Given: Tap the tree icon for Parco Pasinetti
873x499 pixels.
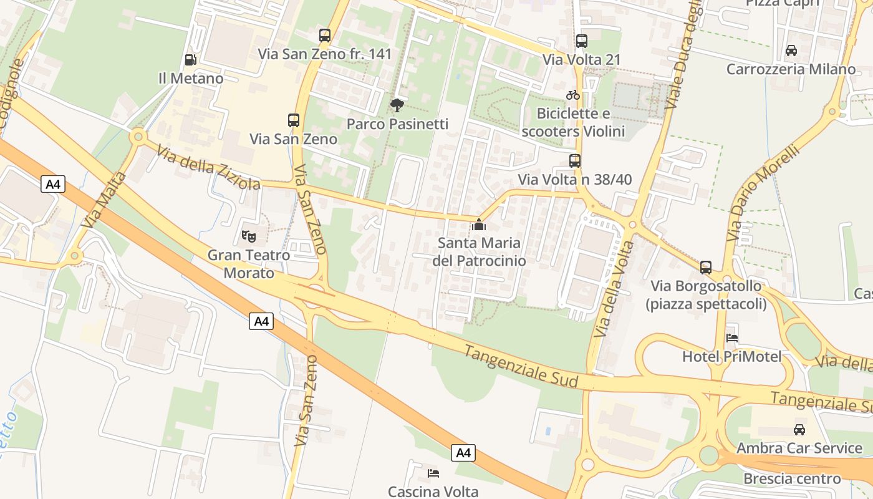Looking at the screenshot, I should (397, 105).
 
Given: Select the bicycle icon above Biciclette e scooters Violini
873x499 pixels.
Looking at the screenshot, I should (573, 95).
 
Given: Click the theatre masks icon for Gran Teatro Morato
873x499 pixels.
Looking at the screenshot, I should (249, 236).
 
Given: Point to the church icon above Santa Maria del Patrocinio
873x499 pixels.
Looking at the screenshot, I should (479, 225).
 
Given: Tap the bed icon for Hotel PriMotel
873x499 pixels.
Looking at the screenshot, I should (732, 338).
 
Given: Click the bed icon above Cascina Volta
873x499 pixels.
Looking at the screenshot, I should (433, 473).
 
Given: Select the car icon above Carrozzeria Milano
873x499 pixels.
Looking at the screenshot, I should (791, 51).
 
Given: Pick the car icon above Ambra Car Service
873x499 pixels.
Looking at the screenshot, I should (799, 429).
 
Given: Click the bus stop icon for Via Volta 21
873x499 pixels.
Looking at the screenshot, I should (582, 41).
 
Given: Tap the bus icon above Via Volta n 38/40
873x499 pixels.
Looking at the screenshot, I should (575, 161).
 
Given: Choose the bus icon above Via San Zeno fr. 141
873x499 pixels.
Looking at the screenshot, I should (325, 36).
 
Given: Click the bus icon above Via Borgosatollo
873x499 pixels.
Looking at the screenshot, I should (706, 268).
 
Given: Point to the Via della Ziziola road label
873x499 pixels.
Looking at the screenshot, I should (208, 168).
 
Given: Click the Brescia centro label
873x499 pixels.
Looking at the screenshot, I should (792, 479).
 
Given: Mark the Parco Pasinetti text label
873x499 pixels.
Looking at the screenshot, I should (397, 124).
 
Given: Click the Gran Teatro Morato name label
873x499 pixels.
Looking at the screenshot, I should (249, 264).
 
